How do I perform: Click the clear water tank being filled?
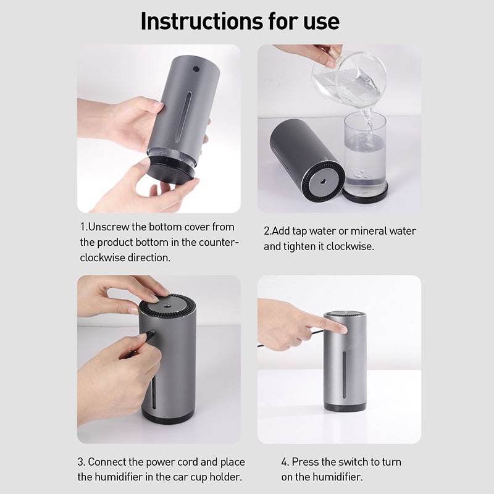click(x=364, y=154)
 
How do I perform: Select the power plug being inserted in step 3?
click(x=148, y=337)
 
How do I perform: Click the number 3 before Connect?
click(x=81, y=462)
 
